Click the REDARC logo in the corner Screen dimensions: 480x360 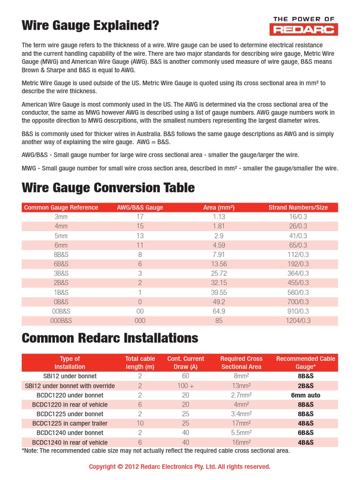(304, 26)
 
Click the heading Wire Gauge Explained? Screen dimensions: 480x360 (90, 26)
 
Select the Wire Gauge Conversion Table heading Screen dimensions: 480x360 (108, 188)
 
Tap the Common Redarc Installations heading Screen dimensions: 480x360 (110, 338)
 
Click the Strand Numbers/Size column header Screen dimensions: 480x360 (298, 208)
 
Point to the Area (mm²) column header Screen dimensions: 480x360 (218, 208)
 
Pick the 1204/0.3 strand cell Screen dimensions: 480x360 (298, 321)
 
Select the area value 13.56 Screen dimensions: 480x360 (219, 264)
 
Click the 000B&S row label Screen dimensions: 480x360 (61, 321)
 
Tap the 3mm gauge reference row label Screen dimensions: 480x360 (61, 217)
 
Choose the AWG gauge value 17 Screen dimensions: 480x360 (140, 217)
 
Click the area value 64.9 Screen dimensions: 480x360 (219, 311)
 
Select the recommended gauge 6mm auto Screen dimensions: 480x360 (305, 395)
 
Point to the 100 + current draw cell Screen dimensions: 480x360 (186, 386)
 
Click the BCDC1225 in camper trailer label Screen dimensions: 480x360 (70, 423)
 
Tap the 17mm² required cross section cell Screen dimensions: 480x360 (242, 423)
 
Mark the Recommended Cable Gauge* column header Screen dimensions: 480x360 (306, 363)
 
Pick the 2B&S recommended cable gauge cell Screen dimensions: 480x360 (305, 386)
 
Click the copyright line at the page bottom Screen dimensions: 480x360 (180, 467)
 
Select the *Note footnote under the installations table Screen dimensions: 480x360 (156, 451)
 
